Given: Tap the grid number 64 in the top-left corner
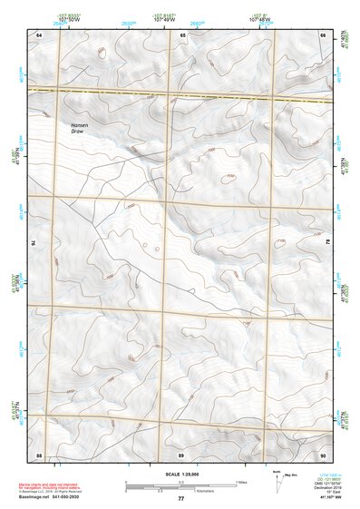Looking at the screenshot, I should point(39,34).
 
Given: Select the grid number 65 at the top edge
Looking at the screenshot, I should point(182,34).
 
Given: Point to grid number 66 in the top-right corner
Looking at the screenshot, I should point(323,34).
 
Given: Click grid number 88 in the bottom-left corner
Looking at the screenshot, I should point(39,454).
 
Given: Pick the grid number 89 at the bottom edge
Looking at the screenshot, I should point(181,454).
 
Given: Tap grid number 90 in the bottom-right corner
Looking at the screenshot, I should point(323,454).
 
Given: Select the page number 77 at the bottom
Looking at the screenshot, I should point(180,499).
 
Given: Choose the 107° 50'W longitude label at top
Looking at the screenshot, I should point(67,17).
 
